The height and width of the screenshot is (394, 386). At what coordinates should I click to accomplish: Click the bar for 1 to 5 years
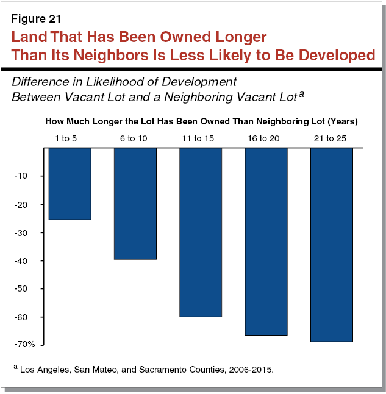point(70,184)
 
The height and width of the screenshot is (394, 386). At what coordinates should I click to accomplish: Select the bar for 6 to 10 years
point(135,204)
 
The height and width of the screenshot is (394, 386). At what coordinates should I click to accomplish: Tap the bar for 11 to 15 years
point(201,232)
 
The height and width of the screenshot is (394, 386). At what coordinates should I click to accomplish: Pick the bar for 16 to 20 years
point(266,242)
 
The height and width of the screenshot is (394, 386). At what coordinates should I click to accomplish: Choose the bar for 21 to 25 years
point(331,245)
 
